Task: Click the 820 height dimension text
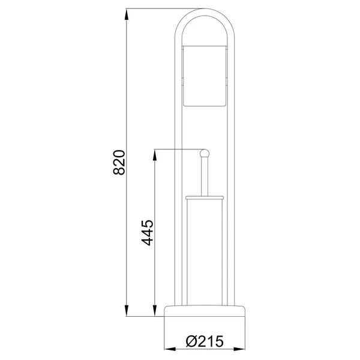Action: tap(119, 163)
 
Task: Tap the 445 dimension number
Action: tap(147, 233)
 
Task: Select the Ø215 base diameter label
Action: tap(205, 341)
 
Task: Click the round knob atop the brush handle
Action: tap(205, 153)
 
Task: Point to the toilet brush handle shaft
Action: tap(205, 176)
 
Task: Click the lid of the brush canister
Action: tap(205, 197)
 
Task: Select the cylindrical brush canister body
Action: tap(205, 252)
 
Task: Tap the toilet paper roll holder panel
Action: tap(205, 76)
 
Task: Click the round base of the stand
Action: tap(205, 311)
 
